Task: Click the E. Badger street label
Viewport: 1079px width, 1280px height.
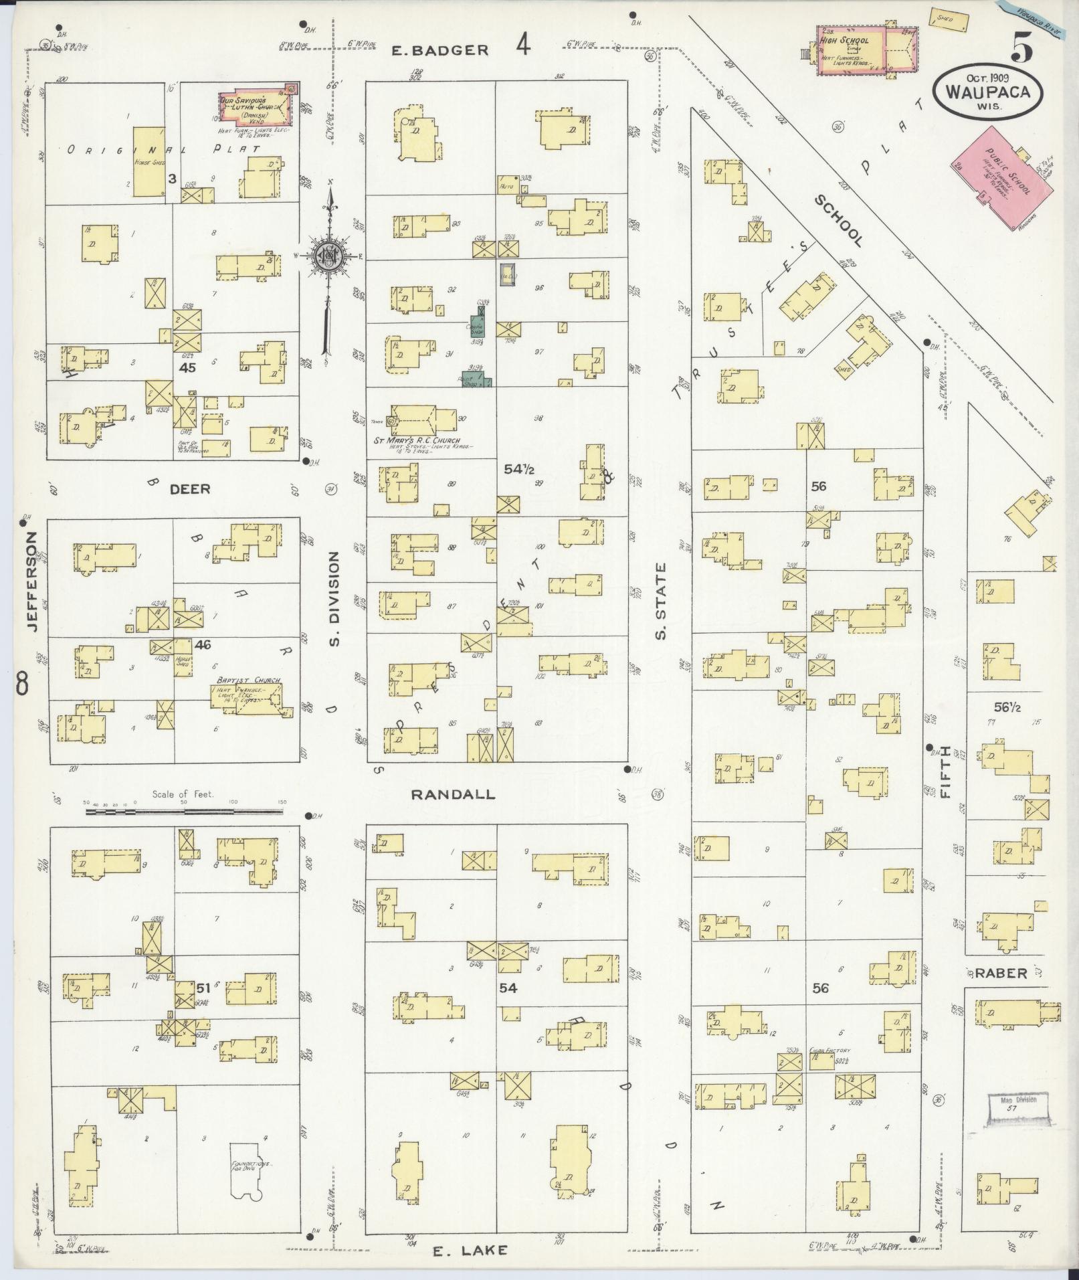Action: [x=439, y=50]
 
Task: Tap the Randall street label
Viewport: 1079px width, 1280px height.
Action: [x=453, y=794]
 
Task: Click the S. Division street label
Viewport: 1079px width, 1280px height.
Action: [x=335, y=600]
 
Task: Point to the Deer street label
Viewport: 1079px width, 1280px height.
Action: [x=189, y=489]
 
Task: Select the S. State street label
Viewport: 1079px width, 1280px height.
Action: [x=661, y=601]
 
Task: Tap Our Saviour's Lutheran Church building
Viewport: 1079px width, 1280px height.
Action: [x=256, y=106]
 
